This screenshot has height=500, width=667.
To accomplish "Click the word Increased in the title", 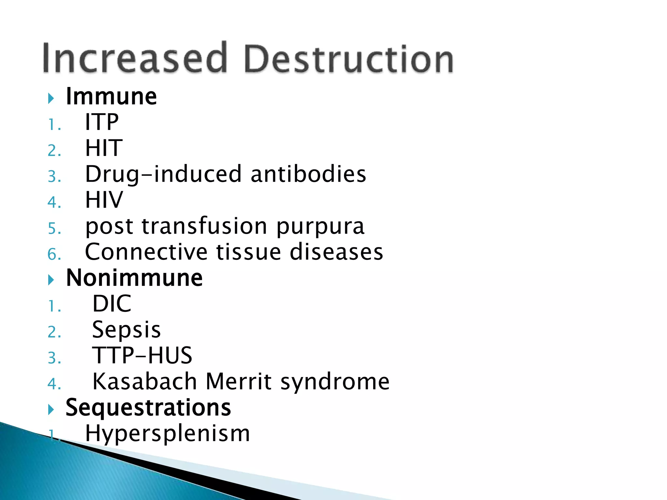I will [134, 58].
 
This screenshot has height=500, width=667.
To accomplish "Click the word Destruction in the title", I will [348, 59].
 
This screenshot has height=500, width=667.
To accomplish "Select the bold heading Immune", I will [111, 97].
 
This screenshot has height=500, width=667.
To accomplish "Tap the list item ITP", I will [102, 122].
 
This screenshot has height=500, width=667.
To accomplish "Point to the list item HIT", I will [104, 148].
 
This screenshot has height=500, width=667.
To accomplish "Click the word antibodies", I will [308, 174].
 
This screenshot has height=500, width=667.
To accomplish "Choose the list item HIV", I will [104, 200].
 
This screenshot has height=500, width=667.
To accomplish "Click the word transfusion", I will [204, 226].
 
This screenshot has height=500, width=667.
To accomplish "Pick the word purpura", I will [320, 227].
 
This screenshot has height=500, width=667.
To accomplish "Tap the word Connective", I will [146, 252].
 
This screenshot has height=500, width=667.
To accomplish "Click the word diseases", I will [336, 252].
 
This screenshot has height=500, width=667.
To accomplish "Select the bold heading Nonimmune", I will [134, 278].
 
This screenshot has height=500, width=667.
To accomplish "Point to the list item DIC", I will [112, 304].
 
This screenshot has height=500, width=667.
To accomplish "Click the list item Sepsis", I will [126, 330].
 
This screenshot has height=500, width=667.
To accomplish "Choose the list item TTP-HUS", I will [142, 355].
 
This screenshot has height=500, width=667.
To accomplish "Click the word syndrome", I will [335, 382].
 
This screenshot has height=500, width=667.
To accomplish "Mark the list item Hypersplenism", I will [167, 434].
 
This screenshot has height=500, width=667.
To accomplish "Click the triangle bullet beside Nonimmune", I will [50, 280].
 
